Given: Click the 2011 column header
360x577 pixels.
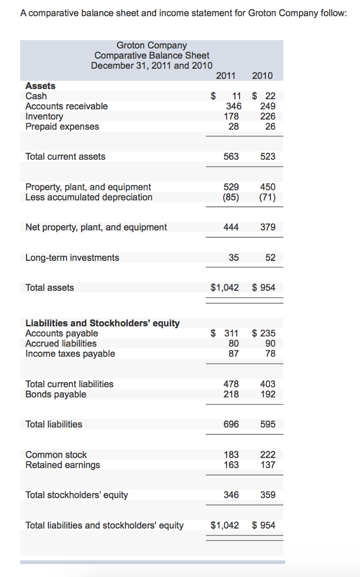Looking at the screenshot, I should pos(225,76).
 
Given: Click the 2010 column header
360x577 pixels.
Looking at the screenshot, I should pos(262,76).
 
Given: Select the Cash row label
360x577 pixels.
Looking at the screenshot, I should pos(37,96).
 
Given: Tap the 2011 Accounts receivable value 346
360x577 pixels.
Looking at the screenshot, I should pos(233,106).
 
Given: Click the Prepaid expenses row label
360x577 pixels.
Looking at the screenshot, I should pos(62,126).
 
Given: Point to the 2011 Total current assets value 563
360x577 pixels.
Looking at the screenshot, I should pos(231,156).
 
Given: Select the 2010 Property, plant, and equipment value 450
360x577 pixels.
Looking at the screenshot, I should pos(268,187).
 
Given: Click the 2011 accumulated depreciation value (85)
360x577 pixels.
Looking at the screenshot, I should pos(230,197).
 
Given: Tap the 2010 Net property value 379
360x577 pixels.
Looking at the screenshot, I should pos(268,227).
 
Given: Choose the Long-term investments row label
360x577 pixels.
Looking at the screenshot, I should pos(72,258).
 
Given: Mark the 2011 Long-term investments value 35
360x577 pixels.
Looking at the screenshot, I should pos(233,258).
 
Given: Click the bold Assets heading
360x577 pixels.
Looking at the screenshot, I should pos(41,86).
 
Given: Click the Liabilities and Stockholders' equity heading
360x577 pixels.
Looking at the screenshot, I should pos(103,323).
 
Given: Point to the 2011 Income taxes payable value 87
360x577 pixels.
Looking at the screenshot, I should pos(233,353).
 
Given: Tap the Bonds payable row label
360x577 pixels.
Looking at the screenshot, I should pos(56,394).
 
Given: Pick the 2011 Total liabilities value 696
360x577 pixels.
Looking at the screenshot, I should pos(231,424).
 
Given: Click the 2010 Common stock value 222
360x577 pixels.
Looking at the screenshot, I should pos(268,454).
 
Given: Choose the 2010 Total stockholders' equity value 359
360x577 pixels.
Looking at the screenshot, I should pos(268,495).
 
